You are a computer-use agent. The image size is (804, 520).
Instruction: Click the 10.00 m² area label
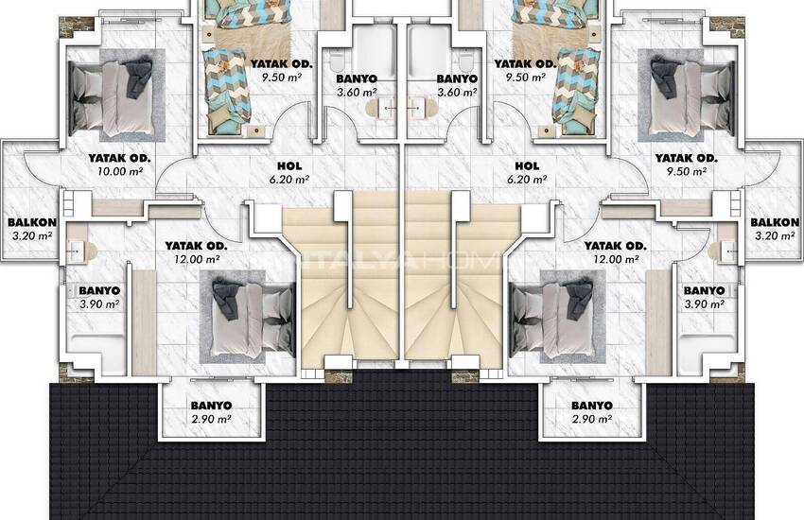point(120,171)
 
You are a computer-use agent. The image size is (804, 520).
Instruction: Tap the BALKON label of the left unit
point(32,222)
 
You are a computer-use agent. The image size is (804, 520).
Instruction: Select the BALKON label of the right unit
point(775,222)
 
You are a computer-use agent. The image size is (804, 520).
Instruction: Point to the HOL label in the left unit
point(289,166)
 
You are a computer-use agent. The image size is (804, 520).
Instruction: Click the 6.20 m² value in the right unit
point(527,180)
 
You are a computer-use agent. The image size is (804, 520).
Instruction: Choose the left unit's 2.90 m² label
point(211,419)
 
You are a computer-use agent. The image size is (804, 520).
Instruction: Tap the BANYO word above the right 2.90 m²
point(592,406)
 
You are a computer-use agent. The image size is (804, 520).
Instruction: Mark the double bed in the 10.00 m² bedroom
point(112,95)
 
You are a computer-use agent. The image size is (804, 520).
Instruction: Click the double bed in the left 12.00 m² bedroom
point(253,318)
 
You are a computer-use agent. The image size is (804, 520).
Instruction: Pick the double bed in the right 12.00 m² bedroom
point(551,318)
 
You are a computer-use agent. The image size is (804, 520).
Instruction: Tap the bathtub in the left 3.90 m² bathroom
point(97,354)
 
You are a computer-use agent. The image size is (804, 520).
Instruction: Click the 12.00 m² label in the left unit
point(197,259)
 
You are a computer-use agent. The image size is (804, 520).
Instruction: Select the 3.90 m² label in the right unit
point(705,304)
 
